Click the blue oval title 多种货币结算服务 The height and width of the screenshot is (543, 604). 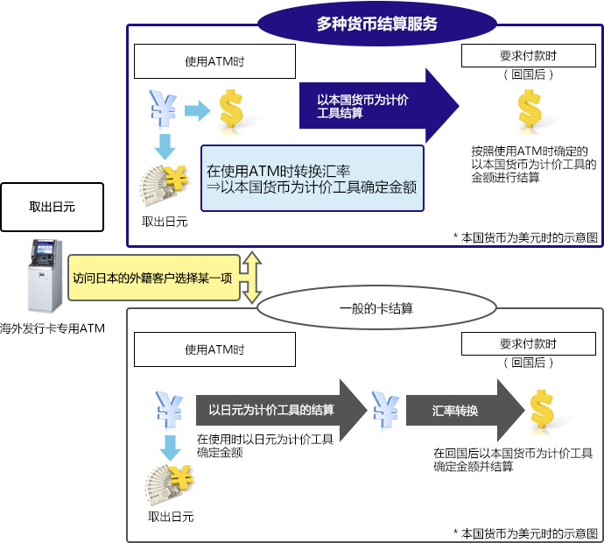pos(376,24)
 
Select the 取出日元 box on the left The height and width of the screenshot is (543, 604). pos(53,207)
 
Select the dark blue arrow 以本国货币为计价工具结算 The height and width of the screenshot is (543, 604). pos(376,106)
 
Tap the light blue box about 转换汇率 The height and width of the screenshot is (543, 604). pos(312,179)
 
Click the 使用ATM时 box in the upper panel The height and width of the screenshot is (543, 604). pos(214,61)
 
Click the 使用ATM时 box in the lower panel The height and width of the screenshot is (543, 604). pos(214,349)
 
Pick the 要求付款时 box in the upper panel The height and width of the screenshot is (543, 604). pos(528,55)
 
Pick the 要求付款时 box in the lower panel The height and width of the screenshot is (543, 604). pos(528,343)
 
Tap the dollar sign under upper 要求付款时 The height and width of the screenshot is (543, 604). pos(530,109)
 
